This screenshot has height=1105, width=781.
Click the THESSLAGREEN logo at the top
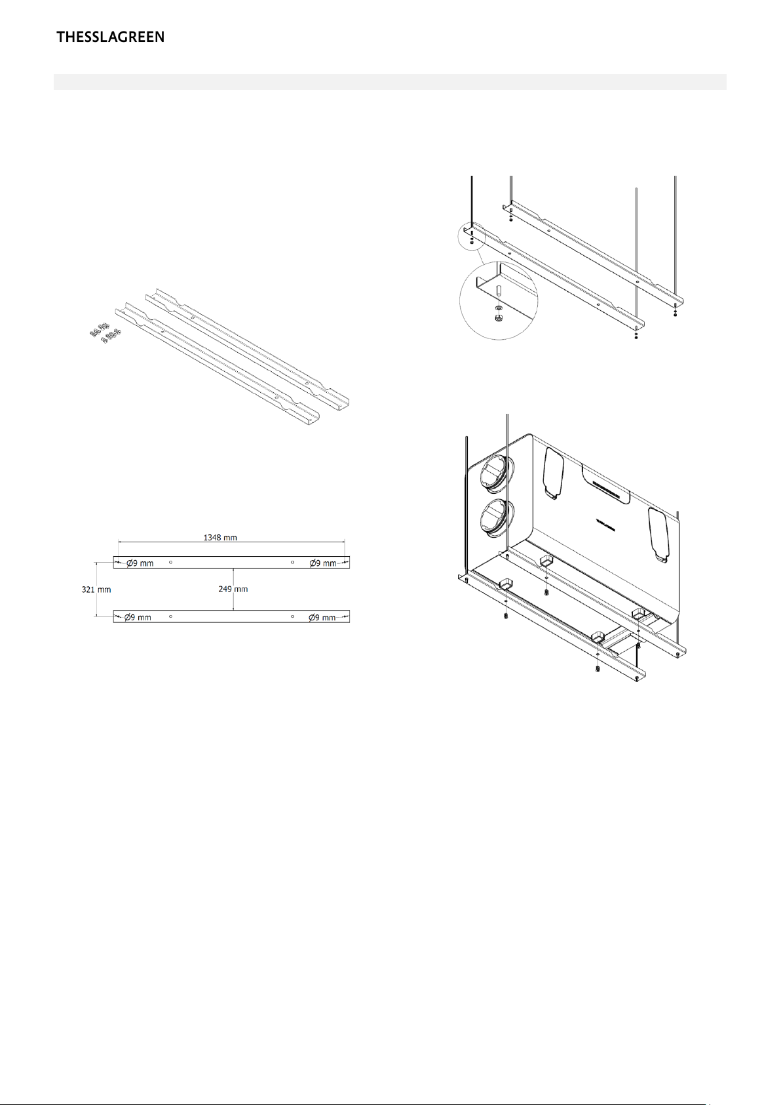tap(110, 37)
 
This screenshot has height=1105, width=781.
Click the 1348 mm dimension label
tap(220, 537)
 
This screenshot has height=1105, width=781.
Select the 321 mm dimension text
tap(96, 589)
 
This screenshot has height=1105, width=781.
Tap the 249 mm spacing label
tap(233, 589)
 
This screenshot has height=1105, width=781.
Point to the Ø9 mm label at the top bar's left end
tap(140, 563)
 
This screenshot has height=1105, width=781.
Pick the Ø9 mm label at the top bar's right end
tap(323, 563)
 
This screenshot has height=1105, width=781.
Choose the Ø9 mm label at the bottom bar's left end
tap(138, 617)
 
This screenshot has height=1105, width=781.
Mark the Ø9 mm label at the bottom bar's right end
tap(322, 617)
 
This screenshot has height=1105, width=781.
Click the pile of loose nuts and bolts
tap(105, 333)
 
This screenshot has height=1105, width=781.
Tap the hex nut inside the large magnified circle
tap(498, 316)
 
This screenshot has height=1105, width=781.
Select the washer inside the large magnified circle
tap(498, 308)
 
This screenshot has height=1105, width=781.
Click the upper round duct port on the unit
tap(493, 473)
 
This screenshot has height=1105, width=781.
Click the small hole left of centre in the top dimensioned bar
tap(170, 562)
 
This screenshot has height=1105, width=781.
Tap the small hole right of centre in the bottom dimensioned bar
tap(292, 616)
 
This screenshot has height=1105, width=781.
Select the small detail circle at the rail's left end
tap(472, 237)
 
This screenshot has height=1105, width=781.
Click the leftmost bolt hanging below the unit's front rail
tap(506, 615)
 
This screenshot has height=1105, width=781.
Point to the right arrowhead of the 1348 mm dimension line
tap(343, 542)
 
